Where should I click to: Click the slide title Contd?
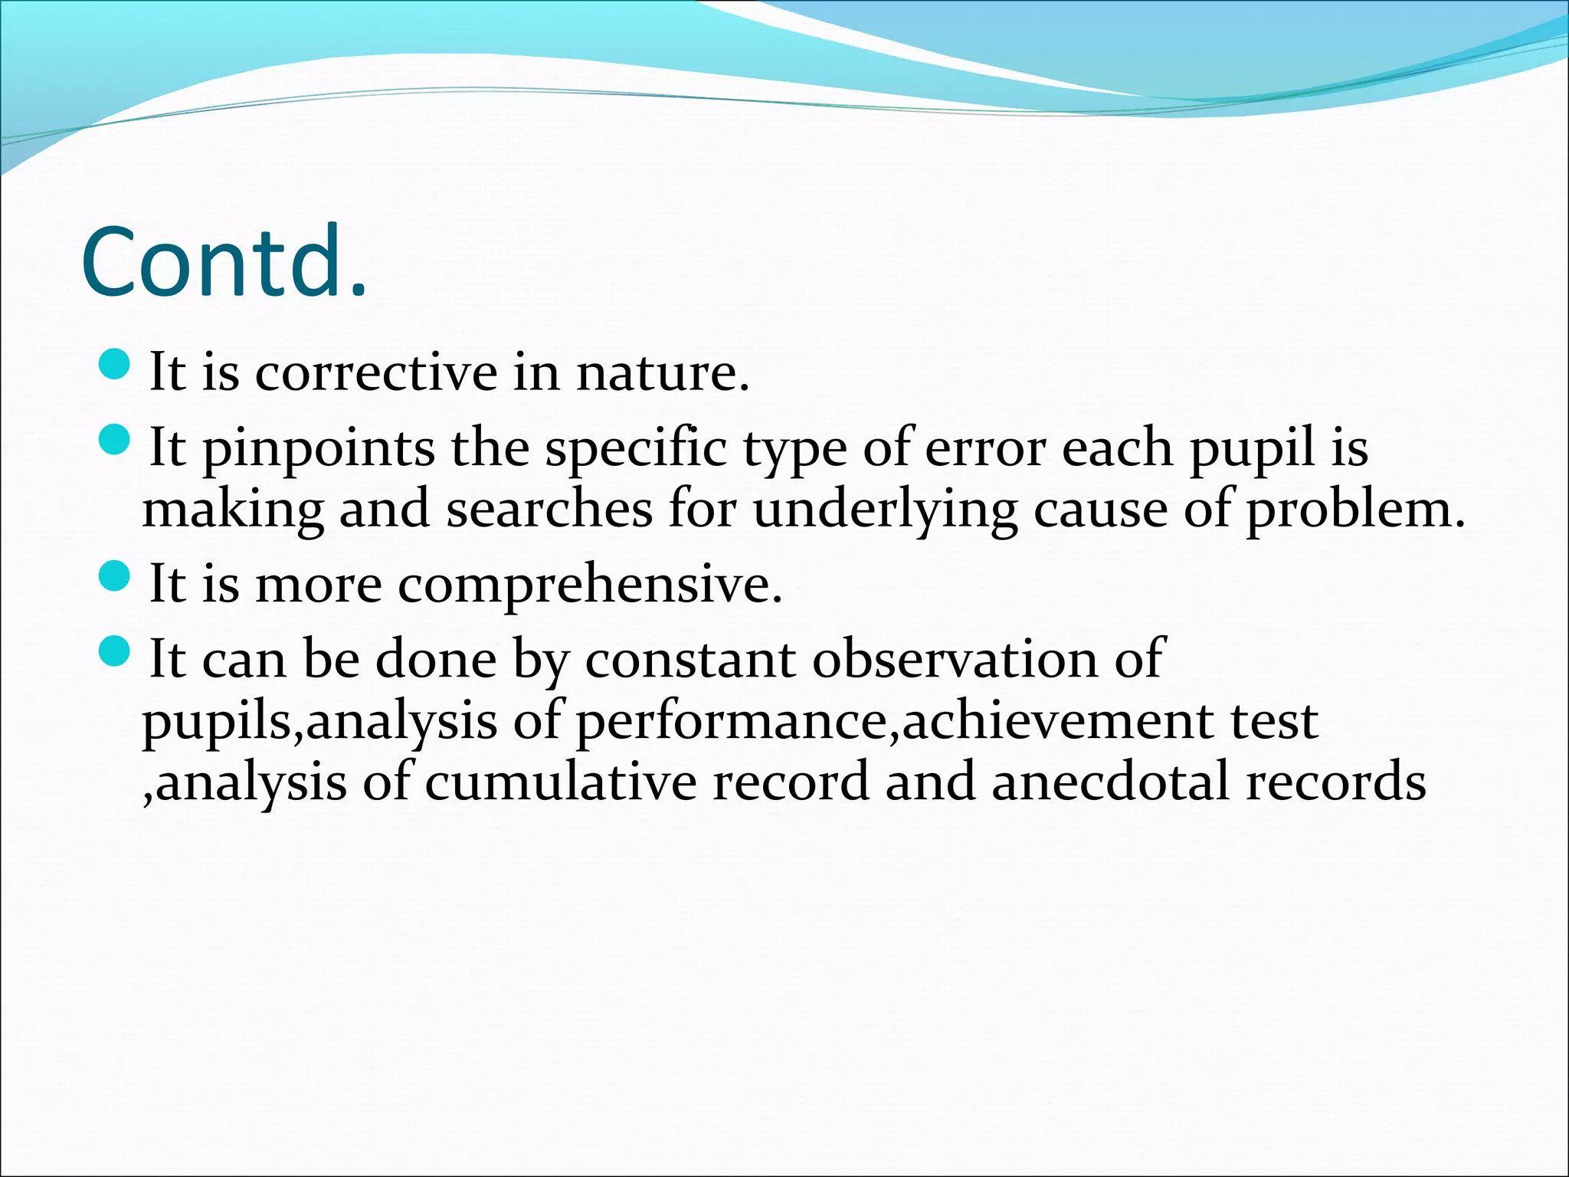[x=224, y=262]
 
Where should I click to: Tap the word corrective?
[x=375, y=373]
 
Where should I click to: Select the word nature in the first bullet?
[x=661, y=373]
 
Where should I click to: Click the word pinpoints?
[x=318, y=450]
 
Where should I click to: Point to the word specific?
[x=635, y=450]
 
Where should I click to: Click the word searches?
[x=549, y=510]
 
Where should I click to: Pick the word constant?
[x=690, y=659]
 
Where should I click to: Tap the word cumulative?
[x=560, y=782]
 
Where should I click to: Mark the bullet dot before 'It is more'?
[x=116, y=576]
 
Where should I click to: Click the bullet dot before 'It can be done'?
[x=116, y=651]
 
